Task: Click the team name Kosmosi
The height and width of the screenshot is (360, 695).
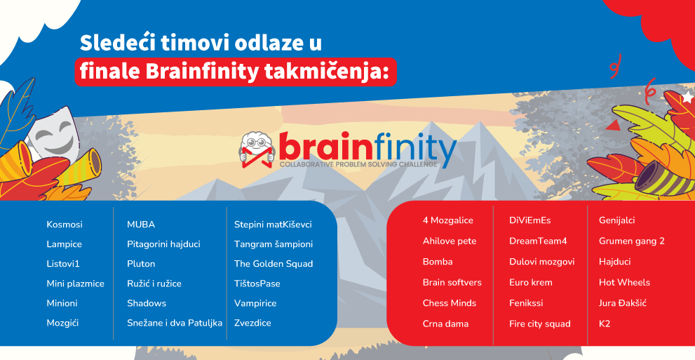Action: [65, 225]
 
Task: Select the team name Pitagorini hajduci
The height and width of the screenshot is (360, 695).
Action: [163, 244]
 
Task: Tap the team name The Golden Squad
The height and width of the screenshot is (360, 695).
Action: [274, 264]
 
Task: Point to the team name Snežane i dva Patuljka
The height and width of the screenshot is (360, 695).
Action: [175, 323]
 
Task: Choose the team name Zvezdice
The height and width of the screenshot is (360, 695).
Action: [252, 323]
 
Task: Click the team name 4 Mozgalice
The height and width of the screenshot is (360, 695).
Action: [447, 220]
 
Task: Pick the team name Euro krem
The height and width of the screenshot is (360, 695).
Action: [531, 282]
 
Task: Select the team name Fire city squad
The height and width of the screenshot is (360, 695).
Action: [540, 324]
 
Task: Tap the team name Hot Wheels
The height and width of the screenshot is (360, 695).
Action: [624, 282]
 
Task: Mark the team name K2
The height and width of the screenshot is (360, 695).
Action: [605, 324]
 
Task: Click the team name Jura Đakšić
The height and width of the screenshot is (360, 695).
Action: [623, 303]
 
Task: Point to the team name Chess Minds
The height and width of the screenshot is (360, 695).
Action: [450, 303]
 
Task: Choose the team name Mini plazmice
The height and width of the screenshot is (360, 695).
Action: [75, 284]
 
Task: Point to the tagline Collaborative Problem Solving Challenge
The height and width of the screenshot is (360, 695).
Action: [358, 164]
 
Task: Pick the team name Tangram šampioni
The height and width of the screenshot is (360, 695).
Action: [274, 244]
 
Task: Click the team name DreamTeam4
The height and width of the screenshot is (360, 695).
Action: [538, 241]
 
